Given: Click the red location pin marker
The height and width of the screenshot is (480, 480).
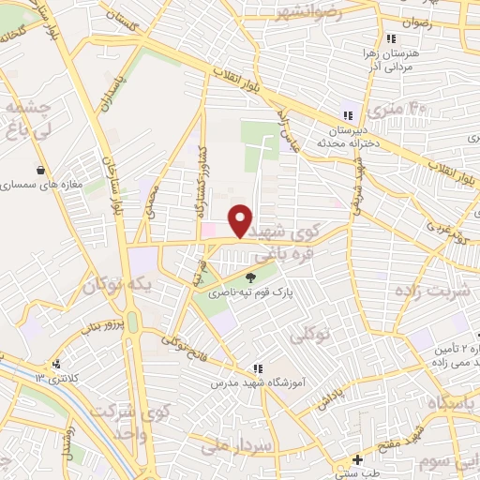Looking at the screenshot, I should (241, 220).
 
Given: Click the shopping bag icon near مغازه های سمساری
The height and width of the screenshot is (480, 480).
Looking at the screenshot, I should (40, 171).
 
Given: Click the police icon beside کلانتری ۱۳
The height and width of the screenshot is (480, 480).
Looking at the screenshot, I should (58, 364).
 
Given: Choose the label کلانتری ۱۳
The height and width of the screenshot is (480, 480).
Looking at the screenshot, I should (37, 376).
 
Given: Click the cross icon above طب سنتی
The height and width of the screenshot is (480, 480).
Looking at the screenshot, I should (357, 459).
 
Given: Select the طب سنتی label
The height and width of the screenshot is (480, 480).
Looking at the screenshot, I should (357, 474).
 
